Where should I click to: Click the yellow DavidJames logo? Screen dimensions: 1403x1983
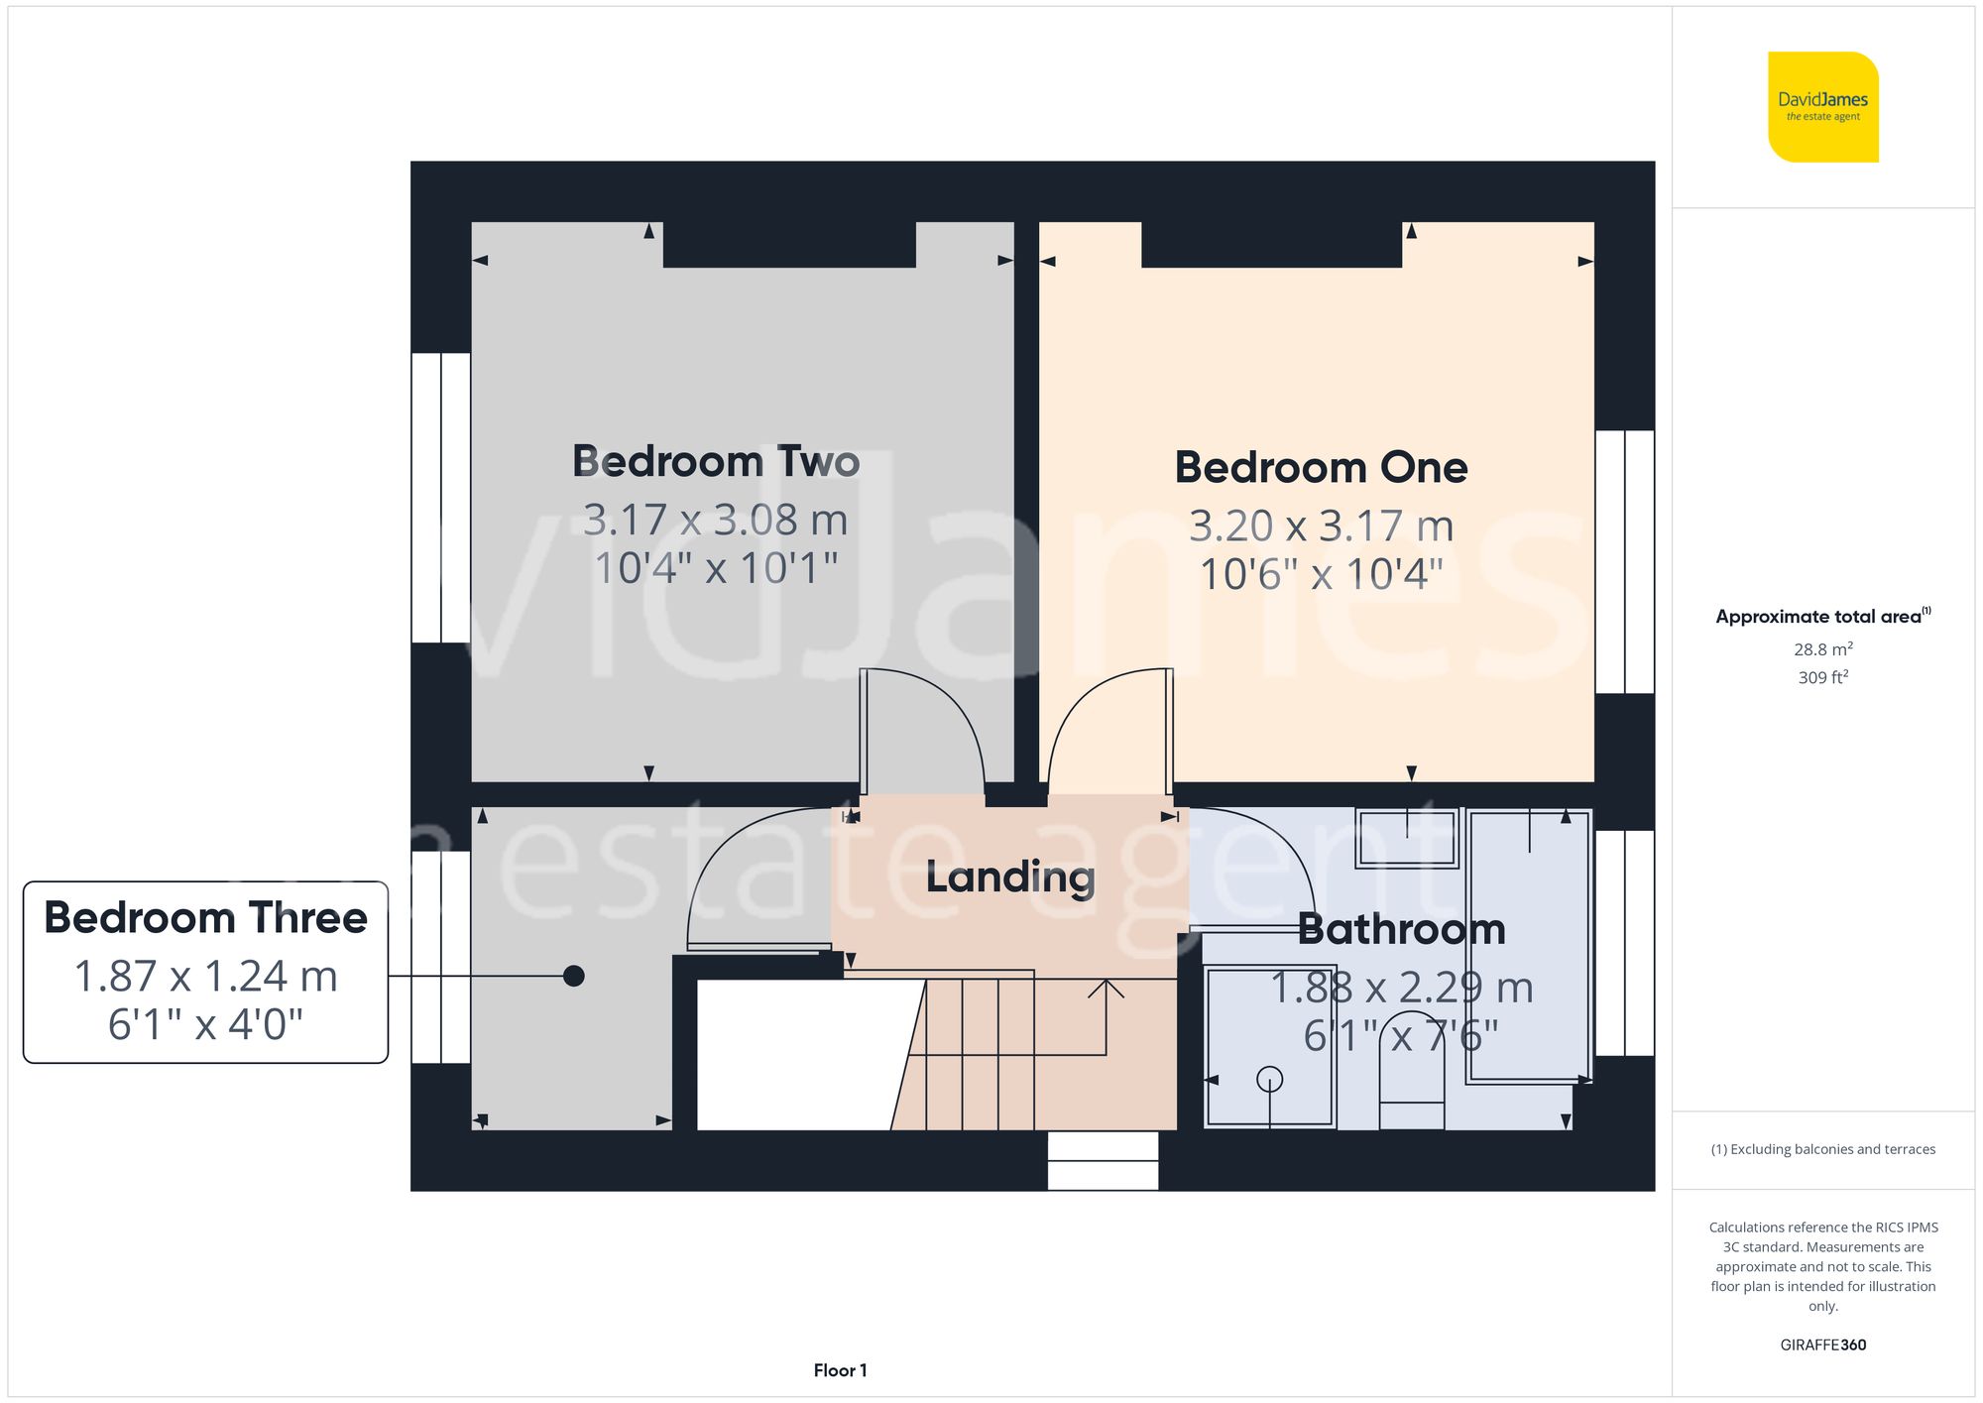1822,107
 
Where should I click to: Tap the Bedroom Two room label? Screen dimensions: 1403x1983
716,462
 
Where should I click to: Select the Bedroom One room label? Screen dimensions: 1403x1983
1321,468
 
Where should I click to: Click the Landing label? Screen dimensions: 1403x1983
1010,877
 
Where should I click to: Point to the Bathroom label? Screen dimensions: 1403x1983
1401,930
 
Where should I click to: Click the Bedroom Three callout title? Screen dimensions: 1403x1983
205,918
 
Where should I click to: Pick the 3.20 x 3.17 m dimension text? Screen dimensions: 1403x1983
1321,526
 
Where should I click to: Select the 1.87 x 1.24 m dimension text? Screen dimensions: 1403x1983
205,977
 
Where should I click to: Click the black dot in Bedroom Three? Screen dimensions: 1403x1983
573,976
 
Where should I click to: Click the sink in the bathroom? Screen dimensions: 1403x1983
1406,839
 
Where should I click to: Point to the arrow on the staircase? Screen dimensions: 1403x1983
1106,990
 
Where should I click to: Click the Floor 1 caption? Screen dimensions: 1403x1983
840,1370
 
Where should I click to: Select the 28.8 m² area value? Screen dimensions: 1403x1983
1822,649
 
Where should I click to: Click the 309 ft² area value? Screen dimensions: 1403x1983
1822,678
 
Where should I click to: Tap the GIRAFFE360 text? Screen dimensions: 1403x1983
1822,1345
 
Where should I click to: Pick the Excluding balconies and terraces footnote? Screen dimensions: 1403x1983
1822,1149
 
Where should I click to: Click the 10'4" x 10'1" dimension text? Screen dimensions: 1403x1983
716,569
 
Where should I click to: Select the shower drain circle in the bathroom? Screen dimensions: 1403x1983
1269,1079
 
